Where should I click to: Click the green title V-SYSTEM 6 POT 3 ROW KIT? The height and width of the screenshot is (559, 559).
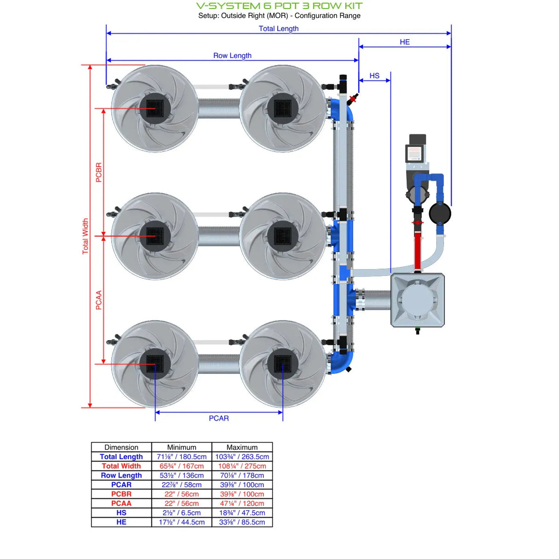point(279,6)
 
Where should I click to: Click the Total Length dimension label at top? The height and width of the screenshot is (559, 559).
point(279,29)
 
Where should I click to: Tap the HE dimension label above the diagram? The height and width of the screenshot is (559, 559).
point(404,42)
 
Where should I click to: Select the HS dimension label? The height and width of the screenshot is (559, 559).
point(374,76)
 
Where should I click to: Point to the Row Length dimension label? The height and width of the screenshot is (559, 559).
point(232,56)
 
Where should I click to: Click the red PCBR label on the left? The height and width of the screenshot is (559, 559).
point(99,172)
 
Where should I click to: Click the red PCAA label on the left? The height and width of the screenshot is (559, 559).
point(99,300)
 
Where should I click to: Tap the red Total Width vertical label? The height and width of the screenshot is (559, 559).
point(85,236)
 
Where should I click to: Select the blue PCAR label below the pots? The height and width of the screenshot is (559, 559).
point(219,418)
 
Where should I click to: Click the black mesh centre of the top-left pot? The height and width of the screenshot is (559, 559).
point(155,109)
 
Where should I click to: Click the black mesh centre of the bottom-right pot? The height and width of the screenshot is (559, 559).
point(282,364)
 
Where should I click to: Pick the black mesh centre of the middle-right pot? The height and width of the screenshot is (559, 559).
point(282,236)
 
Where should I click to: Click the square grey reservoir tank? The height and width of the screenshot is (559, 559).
point(417,300)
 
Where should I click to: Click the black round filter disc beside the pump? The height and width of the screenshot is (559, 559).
point(440,213)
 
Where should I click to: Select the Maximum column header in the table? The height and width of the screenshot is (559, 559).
point(242,447)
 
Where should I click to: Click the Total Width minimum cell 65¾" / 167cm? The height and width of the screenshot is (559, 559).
point(181,466)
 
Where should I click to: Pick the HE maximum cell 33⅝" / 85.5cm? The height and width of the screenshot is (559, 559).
point(242,522)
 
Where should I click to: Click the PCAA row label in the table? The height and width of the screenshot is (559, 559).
point(121,503)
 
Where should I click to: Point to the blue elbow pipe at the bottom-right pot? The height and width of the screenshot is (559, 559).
point(343,361)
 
